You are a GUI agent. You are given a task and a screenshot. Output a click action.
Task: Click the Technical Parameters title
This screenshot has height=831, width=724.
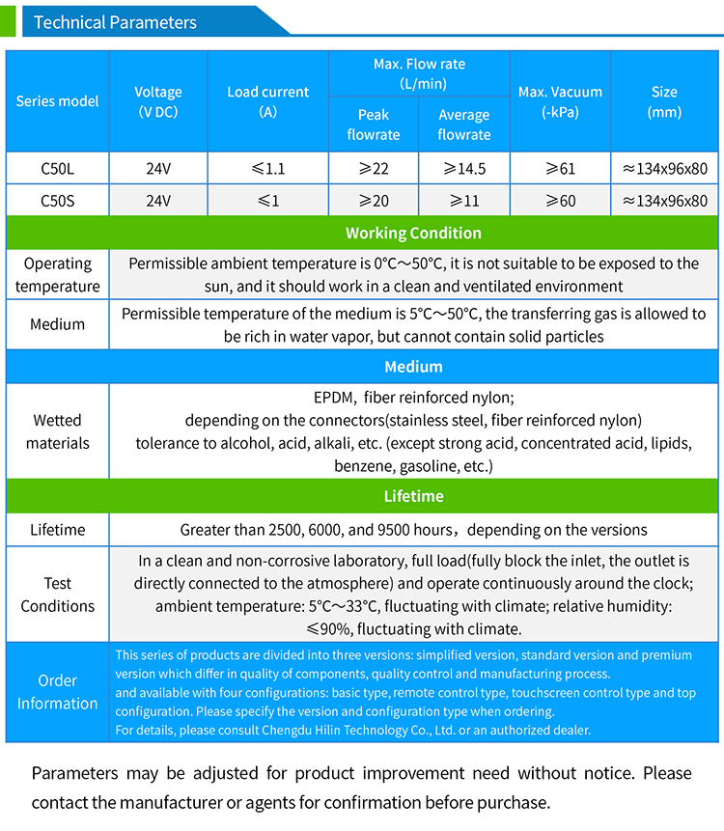tap(115, 22)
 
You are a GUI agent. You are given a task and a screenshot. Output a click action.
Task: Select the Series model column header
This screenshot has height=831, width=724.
tap(58, 101)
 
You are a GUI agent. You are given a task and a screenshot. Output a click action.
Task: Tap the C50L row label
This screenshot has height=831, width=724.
tap(58, 169)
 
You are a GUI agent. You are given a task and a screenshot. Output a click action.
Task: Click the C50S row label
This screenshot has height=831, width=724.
tap(58, 201)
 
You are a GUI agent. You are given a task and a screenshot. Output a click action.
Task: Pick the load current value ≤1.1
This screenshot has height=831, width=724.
tap(268, 169)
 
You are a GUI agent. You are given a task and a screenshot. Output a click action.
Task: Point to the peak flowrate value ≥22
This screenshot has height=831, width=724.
tap(374, 169)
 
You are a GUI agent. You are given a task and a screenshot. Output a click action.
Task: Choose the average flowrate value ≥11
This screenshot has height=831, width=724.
tap(463, 201)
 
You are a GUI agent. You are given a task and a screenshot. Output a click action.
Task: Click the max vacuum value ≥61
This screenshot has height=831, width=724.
tap(560, 169)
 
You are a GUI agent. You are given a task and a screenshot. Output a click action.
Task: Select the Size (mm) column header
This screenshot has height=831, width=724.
tap(664, 101)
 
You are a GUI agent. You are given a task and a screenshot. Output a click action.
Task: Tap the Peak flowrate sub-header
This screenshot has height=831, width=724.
tap(374, 125)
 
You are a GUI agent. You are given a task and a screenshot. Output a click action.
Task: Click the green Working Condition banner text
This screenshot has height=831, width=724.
tap(413, 233)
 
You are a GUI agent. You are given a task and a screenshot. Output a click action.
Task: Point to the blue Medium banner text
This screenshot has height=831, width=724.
tap(413, 367)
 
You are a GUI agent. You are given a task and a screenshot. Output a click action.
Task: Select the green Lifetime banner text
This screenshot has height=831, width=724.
tap(413, 496)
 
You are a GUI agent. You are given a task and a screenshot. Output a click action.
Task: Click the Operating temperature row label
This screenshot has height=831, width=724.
tap(58, 275)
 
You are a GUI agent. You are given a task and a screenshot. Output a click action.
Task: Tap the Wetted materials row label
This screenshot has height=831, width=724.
tap(58, 431)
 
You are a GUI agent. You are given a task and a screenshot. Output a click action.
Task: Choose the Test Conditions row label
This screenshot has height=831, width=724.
tap(58, 595)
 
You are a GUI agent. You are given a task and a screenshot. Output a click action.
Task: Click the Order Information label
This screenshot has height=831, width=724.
tap(58, 692)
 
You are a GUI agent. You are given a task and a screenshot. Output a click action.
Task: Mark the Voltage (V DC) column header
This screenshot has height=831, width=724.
tap(158, 101)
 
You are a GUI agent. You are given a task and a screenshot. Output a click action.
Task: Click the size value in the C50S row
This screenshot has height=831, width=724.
tap(664, 201)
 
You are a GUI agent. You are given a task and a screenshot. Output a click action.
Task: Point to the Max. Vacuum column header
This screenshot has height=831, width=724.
tap(560, 101)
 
